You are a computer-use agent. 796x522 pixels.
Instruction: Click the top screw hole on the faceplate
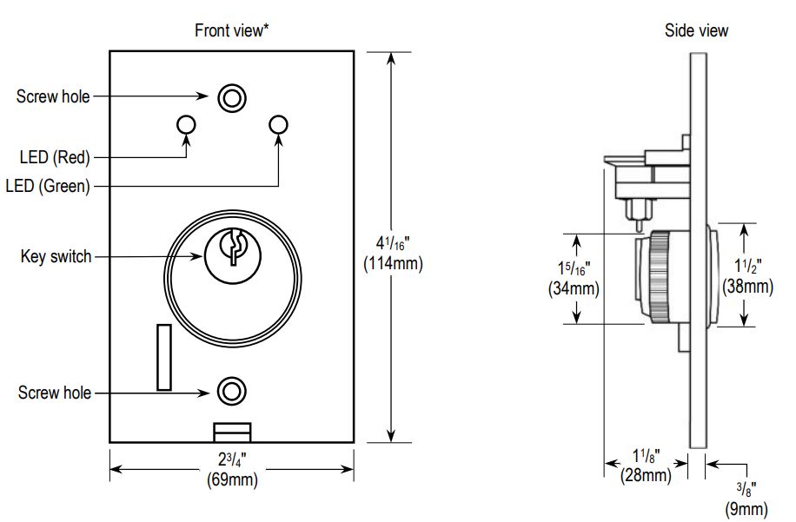click(230, 98)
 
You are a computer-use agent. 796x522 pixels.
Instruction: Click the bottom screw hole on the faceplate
click(230, 391)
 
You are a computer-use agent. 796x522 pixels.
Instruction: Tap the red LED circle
click(186, 125)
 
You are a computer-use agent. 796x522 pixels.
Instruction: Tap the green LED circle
click(278, 125)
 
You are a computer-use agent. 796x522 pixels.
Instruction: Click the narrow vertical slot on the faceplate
click(163, 357)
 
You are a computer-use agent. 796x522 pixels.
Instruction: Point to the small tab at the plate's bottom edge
click(232, 432)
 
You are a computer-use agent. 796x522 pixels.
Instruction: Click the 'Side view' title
click(696, 31)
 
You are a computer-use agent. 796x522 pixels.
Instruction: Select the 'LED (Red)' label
click(55, 157)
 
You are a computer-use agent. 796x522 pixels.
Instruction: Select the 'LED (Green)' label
click(48, 186)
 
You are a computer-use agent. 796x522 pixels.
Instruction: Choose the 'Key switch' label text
click(56, 257)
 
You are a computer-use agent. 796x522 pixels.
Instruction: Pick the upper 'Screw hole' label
click(53, 96)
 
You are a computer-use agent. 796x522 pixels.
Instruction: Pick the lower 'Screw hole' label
click(55, 393)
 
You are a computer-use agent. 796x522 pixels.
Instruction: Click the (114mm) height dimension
click(393, 264)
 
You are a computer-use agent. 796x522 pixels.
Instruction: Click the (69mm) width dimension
click(231, 478)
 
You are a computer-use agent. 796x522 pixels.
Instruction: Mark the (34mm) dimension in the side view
click(574, 288)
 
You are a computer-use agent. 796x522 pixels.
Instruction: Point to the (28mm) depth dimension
click(645, 475)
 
